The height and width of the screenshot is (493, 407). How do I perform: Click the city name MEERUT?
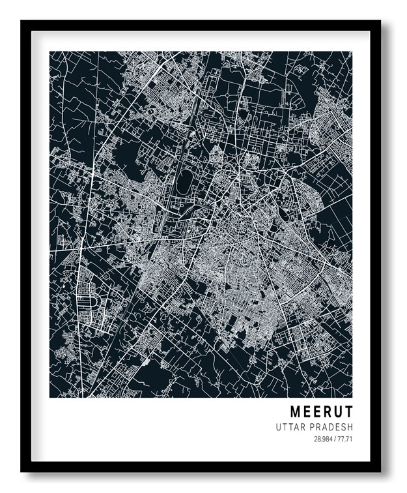321,412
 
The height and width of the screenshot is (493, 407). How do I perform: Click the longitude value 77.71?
345,439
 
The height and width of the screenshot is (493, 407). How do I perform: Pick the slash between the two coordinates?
334,439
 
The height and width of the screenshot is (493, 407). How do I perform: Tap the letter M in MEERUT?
295,412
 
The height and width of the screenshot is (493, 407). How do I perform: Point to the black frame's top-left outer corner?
21,21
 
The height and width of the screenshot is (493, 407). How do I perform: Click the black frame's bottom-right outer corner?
382,471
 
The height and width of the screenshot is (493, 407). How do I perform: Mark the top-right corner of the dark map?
352,52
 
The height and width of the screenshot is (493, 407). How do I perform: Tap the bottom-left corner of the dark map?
49,397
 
